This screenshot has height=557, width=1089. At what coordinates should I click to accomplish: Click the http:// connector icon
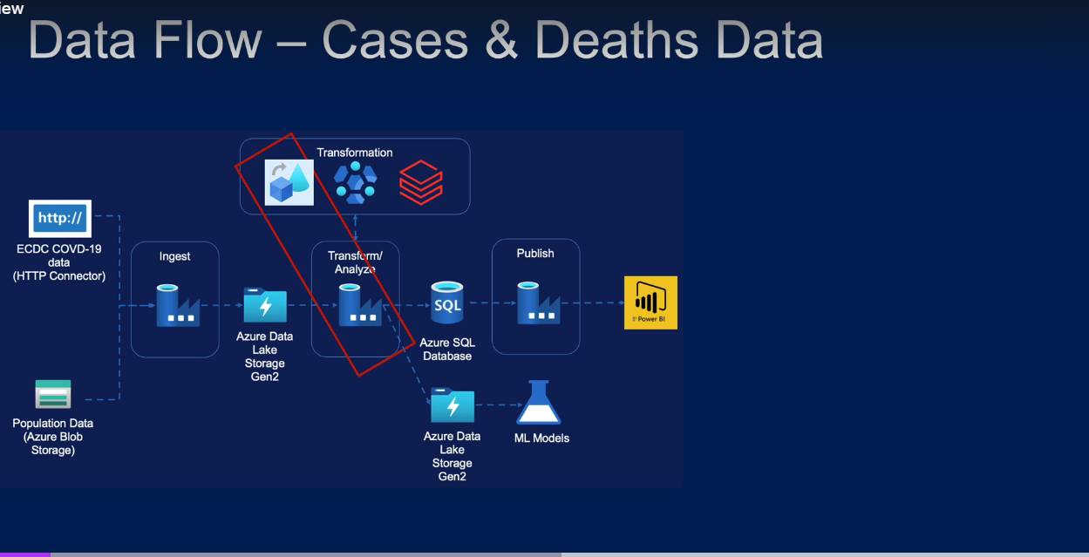point(60,218)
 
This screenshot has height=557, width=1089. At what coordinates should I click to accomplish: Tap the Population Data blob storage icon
point(53,394)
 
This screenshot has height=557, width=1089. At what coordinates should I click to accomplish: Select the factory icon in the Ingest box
point(178,305)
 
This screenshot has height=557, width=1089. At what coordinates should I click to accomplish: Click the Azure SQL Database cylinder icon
point(447,303)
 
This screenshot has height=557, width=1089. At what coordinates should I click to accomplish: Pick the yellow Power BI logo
point(650,302)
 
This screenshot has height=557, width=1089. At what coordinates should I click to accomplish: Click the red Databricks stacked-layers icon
point(421,182)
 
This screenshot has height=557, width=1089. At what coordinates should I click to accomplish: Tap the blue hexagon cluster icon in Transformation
point(355,182)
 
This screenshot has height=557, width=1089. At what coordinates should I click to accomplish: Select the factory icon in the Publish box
point(538,302)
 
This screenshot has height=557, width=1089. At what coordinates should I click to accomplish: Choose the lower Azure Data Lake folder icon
point(453,406)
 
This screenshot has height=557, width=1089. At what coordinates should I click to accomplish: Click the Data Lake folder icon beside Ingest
point(265,305)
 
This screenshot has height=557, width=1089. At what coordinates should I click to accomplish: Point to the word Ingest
point(174,256)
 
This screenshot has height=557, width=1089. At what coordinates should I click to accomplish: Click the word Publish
point(535,253)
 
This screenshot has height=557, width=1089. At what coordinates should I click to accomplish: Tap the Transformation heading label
point(355,153)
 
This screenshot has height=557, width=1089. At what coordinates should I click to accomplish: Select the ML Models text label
point(541,438)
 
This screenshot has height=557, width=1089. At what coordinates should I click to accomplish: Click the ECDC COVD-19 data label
point(59,262)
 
